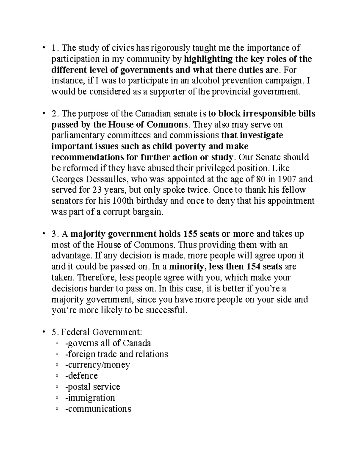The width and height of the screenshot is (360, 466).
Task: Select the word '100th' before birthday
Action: (126, 201)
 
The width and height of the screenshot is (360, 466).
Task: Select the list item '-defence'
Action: (81, 376)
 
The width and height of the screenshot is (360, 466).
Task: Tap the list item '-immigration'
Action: (90, 398)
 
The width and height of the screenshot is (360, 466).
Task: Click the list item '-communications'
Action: (98, 409)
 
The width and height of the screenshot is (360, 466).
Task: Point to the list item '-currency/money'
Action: (97, 365)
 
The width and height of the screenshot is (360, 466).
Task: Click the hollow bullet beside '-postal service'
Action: (57, 387)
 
